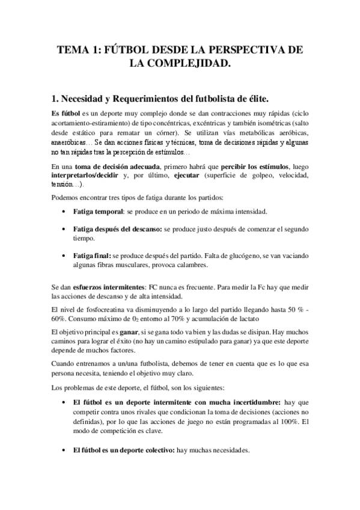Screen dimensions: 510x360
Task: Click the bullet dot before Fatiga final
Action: tap(64, 256)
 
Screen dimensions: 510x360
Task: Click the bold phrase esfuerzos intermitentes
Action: tap(117, 287)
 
